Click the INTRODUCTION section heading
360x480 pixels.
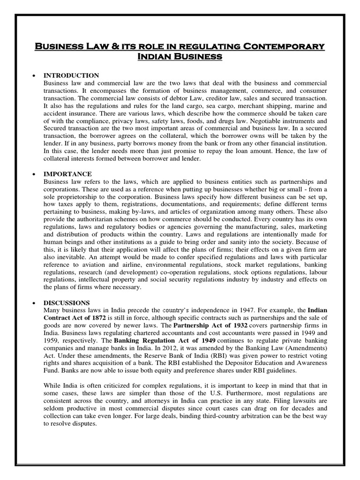click(71, 75)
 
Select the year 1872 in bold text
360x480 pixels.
click(99, 317)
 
